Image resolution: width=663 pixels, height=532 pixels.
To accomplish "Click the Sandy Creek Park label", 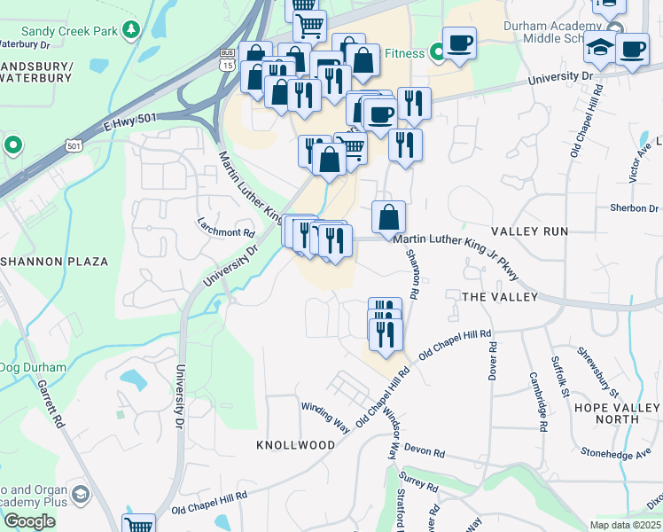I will coord(58,31).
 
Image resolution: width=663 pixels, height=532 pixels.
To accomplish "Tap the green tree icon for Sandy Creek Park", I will coord(132,30).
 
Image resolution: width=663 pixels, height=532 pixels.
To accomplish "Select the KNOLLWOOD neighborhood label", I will coord(295,444).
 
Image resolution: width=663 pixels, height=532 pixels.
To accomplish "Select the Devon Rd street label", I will coord(425,451).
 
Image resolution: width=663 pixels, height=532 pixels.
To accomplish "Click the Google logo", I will coord(29,521).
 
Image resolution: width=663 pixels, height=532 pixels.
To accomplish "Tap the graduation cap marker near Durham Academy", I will coord(600,51).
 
